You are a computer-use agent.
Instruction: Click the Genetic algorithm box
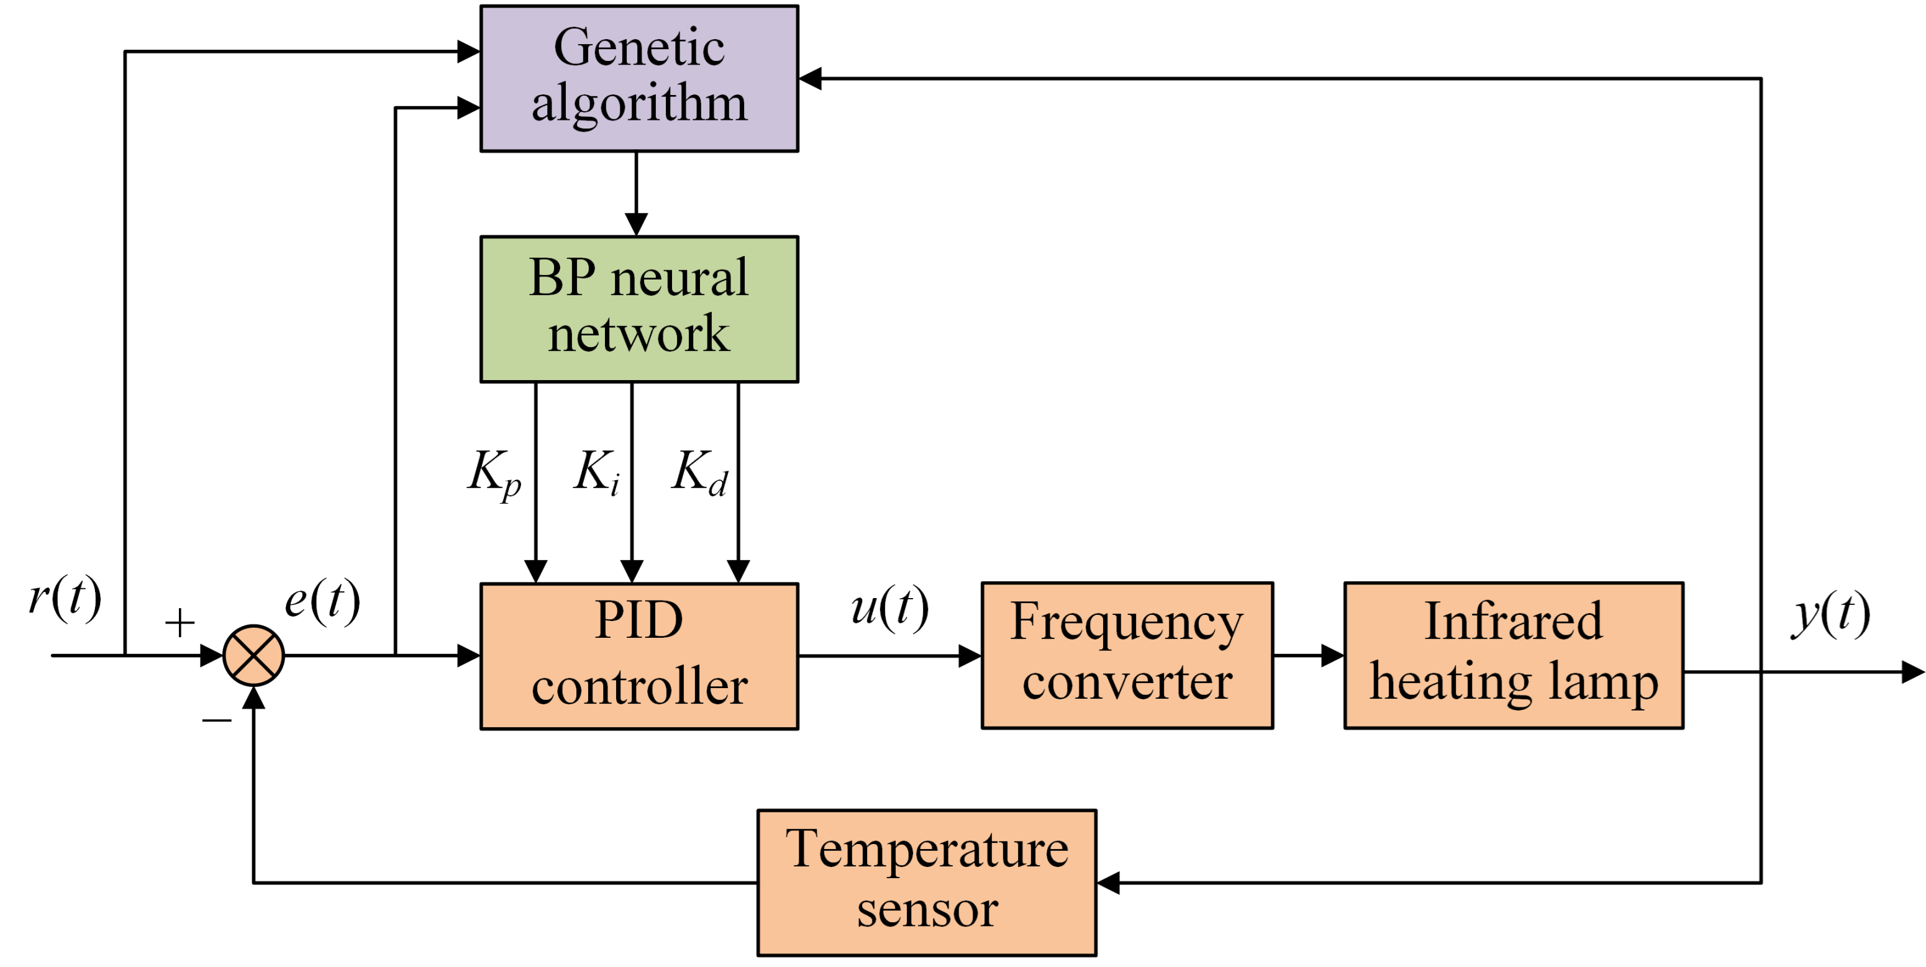coord(639,78)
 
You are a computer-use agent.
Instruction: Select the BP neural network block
coord(639,309)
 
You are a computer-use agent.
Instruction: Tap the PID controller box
coord(639,656)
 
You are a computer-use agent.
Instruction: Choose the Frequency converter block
coord(1127,655)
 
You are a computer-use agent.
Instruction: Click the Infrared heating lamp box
coord(1513,655)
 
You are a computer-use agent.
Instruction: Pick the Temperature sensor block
coord(927,883)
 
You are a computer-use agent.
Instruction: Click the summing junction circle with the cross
coord(253,656)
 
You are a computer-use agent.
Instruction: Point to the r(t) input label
coord(65,597)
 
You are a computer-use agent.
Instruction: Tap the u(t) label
coord(890,607)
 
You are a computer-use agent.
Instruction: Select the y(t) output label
coord(1831,615)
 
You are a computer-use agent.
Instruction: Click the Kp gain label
coord(494,473)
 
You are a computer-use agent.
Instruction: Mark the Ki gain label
coord(597,472)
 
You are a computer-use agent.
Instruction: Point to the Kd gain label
coord(699,472)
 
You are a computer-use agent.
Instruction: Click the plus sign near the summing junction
coord(180,622)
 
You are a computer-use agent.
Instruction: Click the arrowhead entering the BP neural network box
coord(636,224)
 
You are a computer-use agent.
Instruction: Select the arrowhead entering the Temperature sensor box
coord(1109,883)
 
